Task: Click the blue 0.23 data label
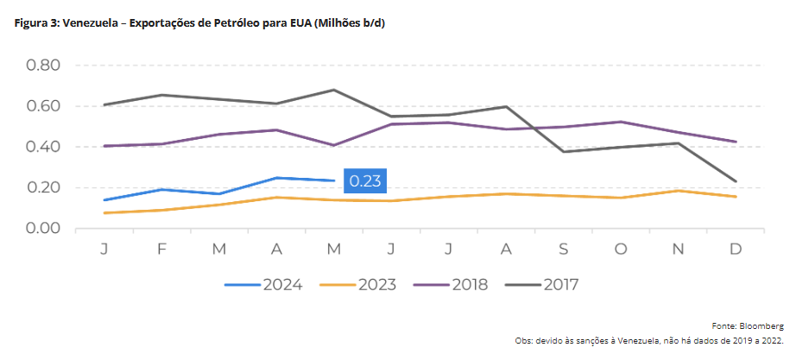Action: [363, 181]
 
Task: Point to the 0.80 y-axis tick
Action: [43, 66]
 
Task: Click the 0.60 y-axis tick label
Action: [43, 106]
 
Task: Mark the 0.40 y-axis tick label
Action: [43, 147]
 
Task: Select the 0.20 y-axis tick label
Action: [43, 187]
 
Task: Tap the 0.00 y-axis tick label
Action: [43, 228]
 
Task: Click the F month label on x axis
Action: [161, 249]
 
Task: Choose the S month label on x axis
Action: [564, 249]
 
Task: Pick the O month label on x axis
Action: [620, 249]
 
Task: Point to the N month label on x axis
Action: [678, 249]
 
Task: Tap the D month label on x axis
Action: [736, 249]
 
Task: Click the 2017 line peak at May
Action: [334, 90]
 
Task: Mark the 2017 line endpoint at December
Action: [736, 181]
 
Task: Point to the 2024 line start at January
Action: [104, 200]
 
